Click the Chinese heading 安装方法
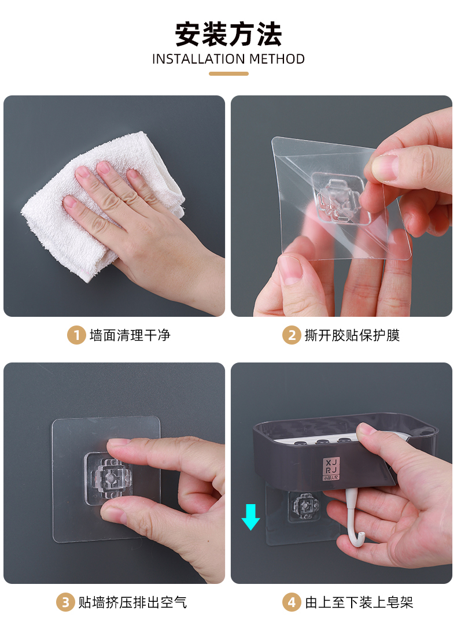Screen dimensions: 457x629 (x=228, y=35)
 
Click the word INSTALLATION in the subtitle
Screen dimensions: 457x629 (x=198, y=59)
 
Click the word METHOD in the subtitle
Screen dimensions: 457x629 (x=277, y=59)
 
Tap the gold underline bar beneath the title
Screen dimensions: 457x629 (x=228, y=74)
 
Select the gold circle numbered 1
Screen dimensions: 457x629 (x=76, y=335)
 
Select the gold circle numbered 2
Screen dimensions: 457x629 (x=292, y=335)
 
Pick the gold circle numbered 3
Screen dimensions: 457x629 (x=65, y=602)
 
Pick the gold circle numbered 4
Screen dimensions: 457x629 (x=292, y=602)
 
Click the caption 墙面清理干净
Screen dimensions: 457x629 (x=130, y=335)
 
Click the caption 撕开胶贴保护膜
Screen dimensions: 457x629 (x=352, y=335)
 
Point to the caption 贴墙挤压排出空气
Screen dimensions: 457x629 (x=133, y=602)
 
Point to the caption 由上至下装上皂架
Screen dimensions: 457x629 (x=359, y=602)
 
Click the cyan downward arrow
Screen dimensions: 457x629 (x=250, y=517)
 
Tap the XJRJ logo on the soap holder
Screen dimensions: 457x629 (x=331, y=468)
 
